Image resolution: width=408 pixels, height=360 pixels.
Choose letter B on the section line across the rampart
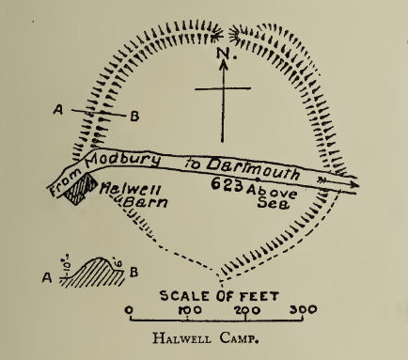[134, 117]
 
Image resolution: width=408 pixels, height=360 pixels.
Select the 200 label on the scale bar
[247, 308]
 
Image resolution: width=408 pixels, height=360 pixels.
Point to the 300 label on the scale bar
[303, 308]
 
